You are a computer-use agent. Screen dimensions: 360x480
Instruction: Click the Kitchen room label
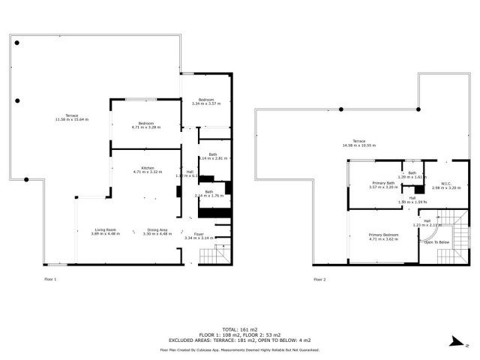[x=146, y=168]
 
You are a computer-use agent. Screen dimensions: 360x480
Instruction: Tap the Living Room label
[x=105, y=229]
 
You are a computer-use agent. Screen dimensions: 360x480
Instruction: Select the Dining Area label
[x=157, y=229]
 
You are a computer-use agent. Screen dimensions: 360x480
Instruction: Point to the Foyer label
[x=199, y=234]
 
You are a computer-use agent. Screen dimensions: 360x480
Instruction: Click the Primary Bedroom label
[x=383, y=235]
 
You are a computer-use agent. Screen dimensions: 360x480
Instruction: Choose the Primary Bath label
[x=383, y=183]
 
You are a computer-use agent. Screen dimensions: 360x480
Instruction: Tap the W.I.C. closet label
[x=445, y=183]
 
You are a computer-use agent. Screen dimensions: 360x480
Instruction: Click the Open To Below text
[x=437, y=242]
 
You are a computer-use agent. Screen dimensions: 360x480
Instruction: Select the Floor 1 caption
[x=50, y=279]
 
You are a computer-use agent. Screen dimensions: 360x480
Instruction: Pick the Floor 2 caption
[x=320, y=279]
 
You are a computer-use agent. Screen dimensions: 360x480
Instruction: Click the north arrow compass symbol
[x=457, y=342]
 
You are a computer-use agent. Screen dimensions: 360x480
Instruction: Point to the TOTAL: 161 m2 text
[x=239, y=329]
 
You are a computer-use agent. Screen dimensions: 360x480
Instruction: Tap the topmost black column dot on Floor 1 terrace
[x=16, y=43]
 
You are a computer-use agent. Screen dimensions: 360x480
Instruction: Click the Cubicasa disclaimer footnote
[x=239, y=349]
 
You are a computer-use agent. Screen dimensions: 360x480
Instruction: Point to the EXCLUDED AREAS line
[x=239, y=340]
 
